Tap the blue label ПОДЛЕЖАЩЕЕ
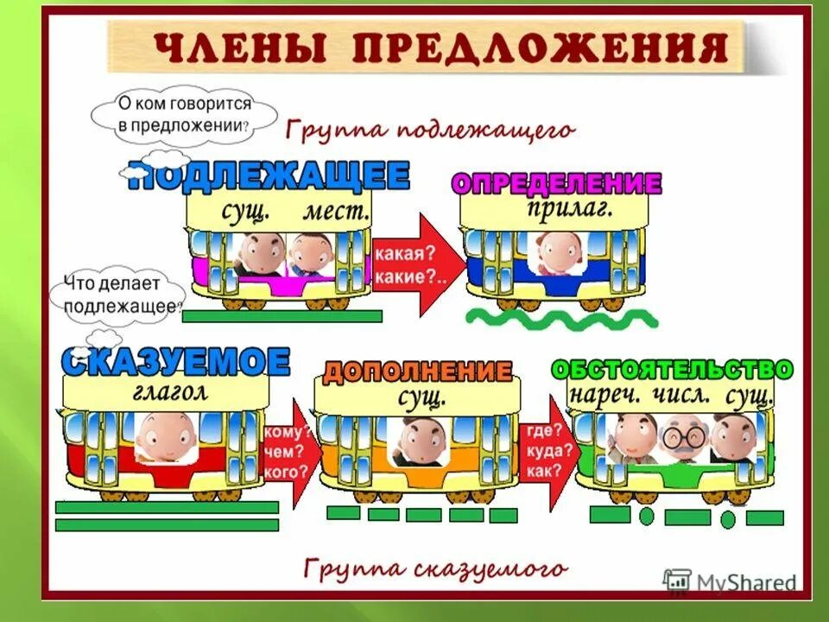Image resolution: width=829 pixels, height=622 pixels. tap(269, 177)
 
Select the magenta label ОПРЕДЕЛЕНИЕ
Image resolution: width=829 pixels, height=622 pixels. tap(556, 183)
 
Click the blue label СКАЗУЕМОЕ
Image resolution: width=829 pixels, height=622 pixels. tap(175, 361)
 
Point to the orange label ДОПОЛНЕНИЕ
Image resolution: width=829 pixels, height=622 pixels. tap(417, 372)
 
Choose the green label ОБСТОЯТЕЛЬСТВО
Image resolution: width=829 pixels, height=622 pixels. tap(672, 369)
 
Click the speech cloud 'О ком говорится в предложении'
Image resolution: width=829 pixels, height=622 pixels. tap(184, 113)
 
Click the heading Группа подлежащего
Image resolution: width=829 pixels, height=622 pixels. tap(429, 130)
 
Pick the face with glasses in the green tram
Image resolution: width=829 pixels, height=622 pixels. tap(683, 436)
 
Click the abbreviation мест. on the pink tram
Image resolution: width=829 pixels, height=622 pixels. tap(336, 210)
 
